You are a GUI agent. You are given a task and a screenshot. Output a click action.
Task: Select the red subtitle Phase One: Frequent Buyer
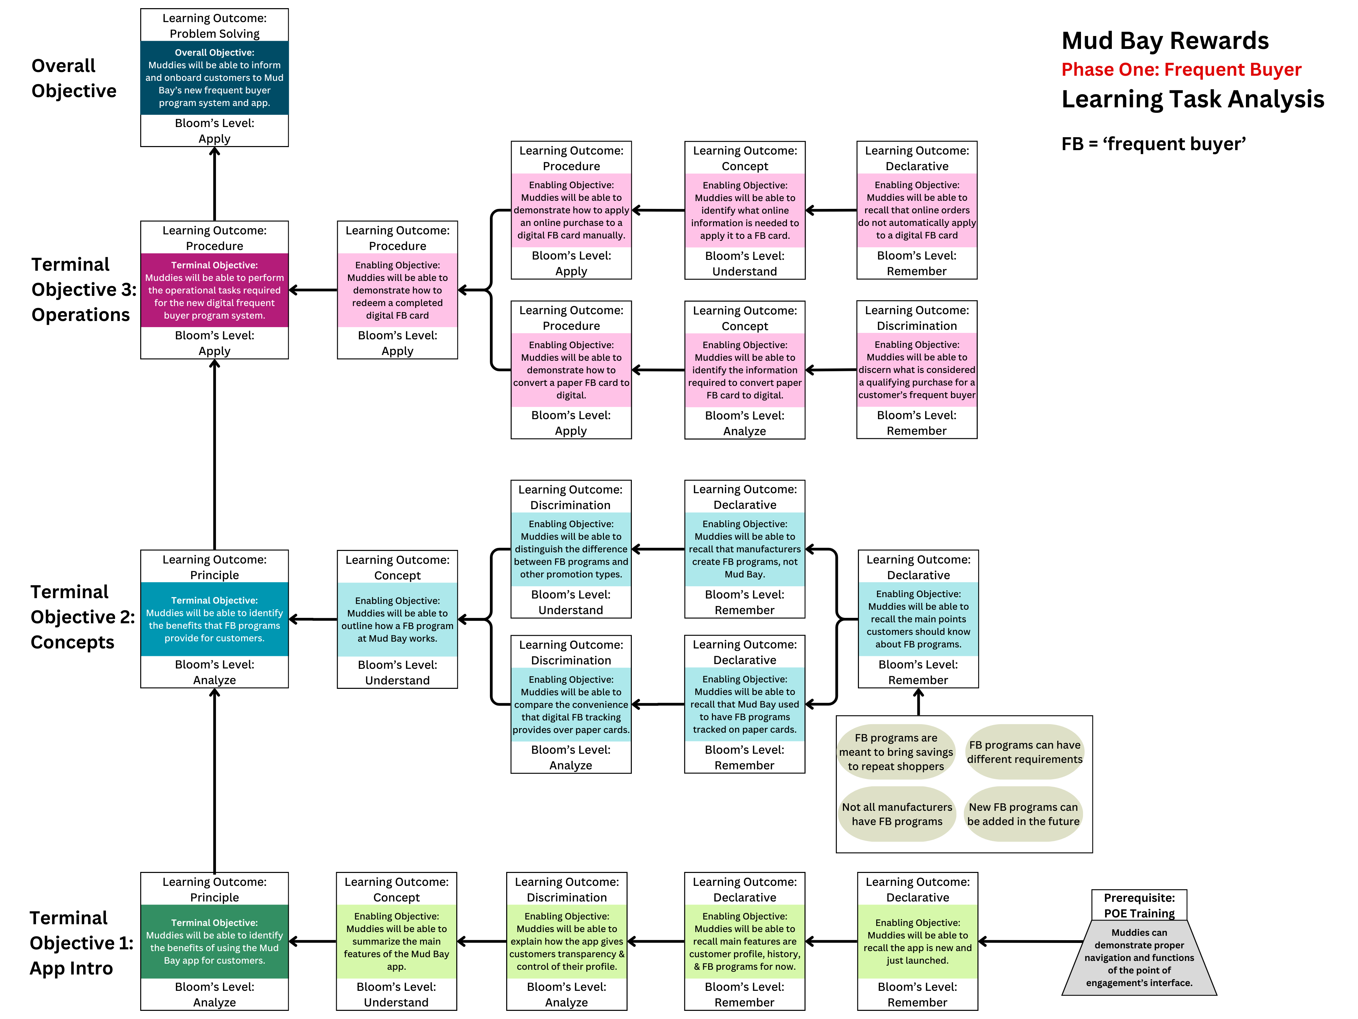click(x=1181, y=69)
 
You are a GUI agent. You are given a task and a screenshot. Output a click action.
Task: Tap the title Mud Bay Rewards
click(x=1164, y=40)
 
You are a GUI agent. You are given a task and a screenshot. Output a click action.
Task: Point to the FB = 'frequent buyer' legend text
click(x=1154, y=144)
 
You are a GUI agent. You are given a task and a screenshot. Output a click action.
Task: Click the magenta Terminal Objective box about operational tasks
click(x=214, y=290)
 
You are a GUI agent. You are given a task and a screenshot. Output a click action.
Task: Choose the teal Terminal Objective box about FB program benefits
click(x=214, y=619)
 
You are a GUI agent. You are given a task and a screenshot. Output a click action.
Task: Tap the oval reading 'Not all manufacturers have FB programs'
click(x=897, y=814)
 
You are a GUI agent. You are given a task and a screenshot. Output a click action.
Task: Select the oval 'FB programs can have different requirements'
click(x=1025, y=752)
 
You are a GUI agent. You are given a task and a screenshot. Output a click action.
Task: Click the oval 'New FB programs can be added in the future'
click(x=1023, y=814)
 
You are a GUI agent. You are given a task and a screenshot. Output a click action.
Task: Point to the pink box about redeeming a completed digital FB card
click(x=397, y=290)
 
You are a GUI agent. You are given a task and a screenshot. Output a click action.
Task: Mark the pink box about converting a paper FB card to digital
click(x=571, y=370)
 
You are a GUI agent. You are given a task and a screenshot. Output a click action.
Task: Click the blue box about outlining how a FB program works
click(x=397, y=619)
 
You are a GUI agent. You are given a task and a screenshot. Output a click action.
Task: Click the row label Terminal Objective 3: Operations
click(x=84, y=289)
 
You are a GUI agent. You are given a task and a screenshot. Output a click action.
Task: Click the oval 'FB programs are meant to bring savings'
click(x=896, y=752)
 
